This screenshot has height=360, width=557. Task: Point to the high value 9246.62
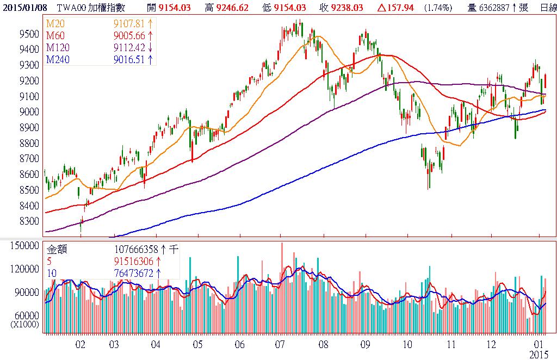pyautogui.click(x=234, y=8)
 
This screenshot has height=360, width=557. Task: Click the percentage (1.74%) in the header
pyautogui.click(x=437, y=8)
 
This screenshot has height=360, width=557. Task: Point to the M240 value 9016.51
pyautogui.click(x=129, y=59)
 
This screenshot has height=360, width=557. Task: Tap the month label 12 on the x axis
pyautogui.click(x=491, y=344)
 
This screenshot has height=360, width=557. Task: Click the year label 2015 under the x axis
pyautogui.click(x=540, y=353)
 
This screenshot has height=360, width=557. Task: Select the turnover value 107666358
pyautogui.click(x=137, y=250)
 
